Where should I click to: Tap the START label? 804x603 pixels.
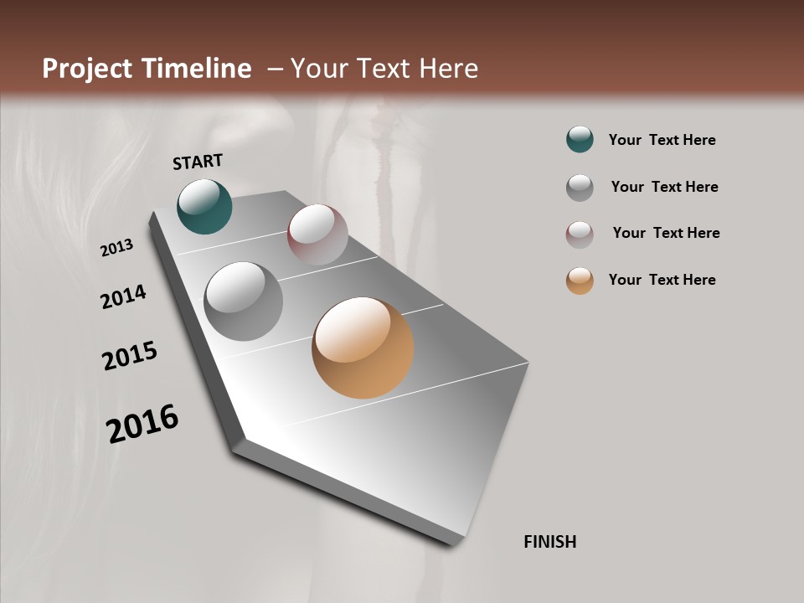pyautogui.click(x=198, y=162)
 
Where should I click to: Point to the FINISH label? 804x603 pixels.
pyautogui.click(x=549, y=542)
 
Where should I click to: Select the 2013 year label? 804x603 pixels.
pyautogui.click(x=117, y=248)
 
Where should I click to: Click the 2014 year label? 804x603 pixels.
pyautogui.click(x=124, y=297)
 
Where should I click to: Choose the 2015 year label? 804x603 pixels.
pyautogui.click(x=130, y=356)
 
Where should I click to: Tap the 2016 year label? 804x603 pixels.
pyautogui.click(x=142, y=424)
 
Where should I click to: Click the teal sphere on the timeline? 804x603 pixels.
pyautogui.click(x=204, y=207)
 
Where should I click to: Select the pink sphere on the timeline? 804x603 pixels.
pyautogui.click(x=317, y=234)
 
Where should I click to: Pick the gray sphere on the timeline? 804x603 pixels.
pyautogui.click(x=243, y=301)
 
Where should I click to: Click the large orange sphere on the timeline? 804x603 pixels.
pyautogui.click(x=363, y=348)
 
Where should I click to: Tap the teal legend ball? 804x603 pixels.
pyautogui.click(x=580, y=140)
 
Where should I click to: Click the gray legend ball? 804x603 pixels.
pyautogui.click(x=580, y=187)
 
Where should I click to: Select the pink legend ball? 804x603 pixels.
pyautogui.click(x=580, y=234)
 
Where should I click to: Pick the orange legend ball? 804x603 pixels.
pyautogui.click(x=580, y=281)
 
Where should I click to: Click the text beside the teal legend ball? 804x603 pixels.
pyautogui.click(x=662, y=141)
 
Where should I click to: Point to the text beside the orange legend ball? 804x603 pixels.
pyautogui.click(x=662, y=280)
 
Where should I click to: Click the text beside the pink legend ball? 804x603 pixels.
pyautogui.click(x=666, y=233)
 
